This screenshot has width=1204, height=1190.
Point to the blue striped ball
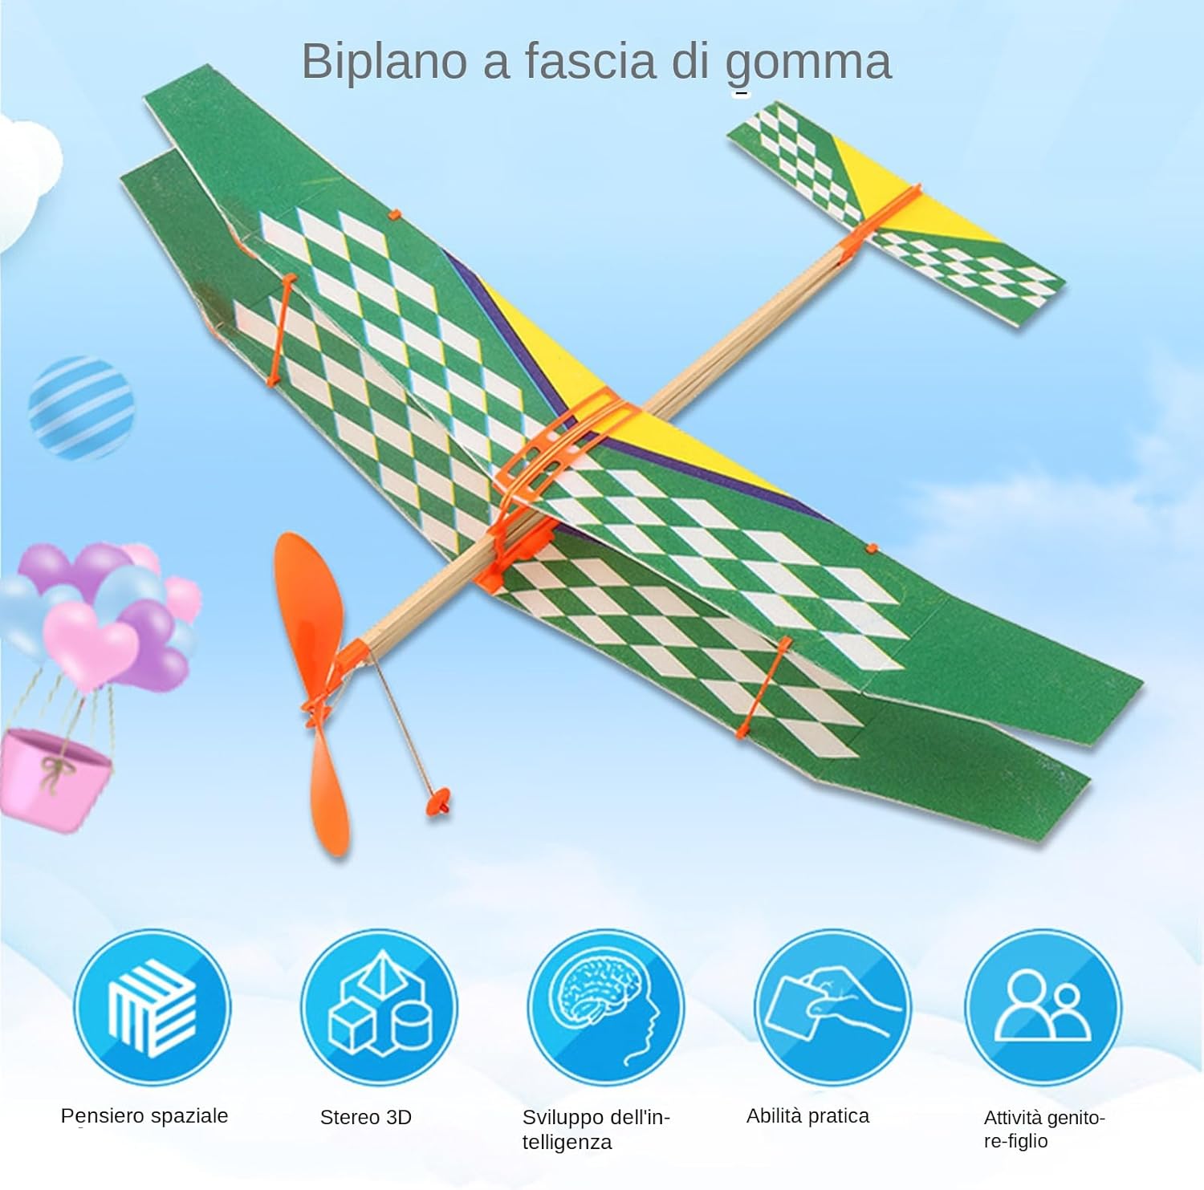pos(81,408)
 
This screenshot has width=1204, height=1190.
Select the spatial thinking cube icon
pos(153,1007)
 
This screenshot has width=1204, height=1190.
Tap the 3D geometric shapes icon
pos(379,1007)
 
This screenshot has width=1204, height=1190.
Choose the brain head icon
pos(606,1007)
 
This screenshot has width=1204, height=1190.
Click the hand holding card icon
pos(832,1007)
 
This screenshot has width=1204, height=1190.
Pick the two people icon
pos(1043,1007)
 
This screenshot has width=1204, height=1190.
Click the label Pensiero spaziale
pos(144,1116)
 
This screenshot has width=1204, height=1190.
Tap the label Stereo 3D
pos(366,1117)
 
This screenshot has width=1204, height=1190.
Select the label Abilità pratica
pos(807,1116)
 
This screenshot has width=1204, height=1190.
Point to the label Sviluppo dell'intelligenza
pos(596,1130)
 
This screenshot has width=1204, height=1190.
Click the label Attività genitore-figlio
pos(1044,1129)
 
